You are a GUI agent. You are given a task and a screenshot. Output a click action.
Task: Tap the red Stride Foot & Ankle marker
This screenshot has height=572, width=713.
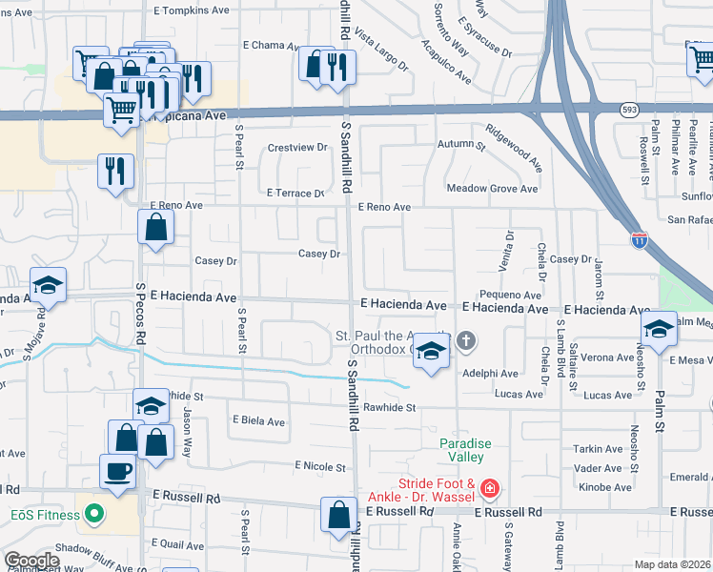489,489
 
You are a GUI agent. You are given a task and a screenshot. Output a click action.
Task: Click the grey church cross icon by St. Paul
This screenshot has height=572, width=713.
466,341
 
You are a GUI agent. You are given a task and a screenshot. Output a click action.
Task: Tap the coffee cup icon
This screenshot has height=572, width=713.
118,471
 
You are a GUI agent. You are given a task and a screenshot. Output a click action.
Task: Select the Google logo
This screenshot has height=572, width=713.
31,561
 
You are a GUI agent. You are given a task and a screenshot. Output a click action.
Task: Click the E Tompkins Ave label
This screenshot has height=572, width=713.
192,10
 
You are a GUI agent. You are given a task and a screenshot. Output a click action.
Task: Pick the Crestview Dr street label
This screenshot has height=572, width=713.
297,148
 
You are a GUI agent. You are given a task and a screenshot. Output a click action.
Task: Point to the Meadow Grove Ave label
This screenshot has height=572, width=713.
492,189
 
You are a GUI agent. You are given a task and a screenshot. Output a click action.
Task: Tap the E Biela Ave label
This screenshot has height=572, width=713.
258,421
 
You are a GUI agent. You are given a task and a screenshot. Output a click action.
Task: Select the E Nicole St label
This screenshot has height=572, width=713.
320,466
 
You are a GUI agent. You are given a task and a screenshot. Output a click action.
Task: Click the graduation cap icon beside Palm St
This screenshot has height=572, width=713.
658,328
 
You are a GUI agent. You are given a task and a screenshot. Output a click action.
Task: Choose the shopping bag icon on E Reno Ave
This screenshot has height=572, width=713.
155,228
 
